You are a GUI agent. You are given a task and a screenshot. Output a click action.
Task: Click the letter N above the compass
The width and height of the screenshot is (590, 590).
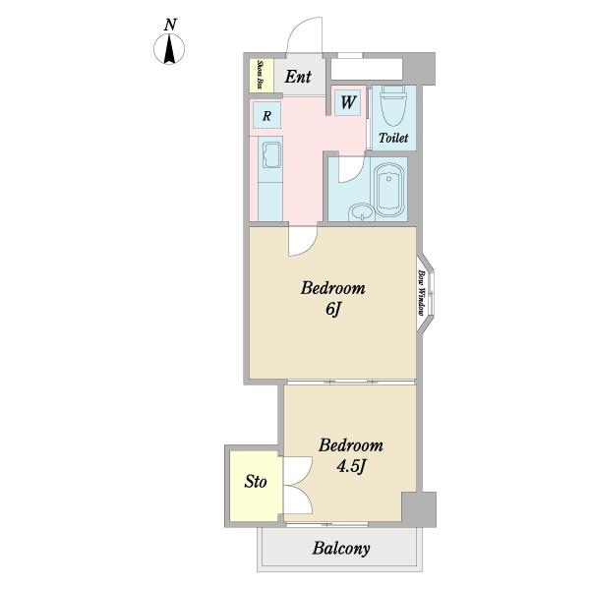tap(170, 25)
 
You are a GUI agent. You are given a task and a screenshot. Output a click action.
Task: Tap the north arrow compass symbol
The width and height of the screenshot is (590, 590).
tap(169, 49)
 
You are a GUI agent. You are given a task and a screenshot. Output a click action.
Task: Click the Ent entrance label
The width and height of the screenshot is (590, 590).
tap(298, 77)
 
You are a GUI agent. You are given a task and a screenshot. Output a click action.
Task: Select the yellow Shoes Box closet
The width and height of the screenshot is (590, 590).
tap(262, 75)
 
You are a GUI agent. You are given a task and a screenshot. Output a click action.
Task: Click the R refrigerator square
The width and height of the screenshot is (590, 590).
tap(266, 115)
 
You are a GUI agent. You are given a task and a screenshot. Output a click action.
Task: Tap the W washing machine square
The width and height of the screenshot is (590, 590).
tap(348, 102)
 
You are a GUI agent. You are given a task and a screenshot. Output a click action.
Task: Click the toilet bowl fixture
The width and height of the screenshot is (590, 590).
tap(393, 108)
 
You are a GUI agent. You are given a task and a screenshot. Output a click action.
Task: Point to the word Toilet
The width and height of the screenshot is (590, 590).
tap(393, 138)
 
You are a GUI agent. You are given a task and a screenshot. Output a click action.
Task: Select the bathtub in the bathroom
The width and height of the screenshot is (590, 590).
tap(389, 190)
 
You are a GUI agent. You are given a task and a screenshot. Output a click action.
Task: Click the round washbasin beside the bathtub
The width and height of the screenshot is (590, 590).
tap(361, 212)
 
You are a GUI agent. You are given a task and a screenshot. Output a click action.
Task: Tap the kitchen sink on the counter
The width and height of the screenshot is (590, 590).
tap(271, 155)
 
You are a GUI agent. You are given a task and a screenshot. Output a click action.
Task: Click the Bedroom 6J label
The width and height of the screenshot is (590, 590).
tap(333, 298)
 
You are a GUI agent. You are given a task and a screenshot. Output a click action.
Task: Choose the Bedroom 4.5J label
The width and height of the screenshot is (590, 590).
tap(351, 455)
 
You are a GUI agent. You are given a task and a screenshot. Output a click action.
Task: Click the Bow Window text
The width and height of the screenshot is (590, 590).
tap(422, 293)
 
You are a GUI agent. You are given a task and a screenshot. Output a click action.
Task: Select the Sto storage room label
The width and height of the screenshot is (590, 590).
tap(256, 481)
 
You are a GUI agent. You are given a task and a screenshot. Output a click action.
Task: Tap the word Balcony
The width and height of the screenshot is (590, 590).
tap(341, 549)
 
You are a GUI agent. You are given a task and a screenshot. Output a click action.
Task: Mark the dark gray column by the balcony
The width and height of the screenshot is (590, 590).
tap(419, 509)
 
